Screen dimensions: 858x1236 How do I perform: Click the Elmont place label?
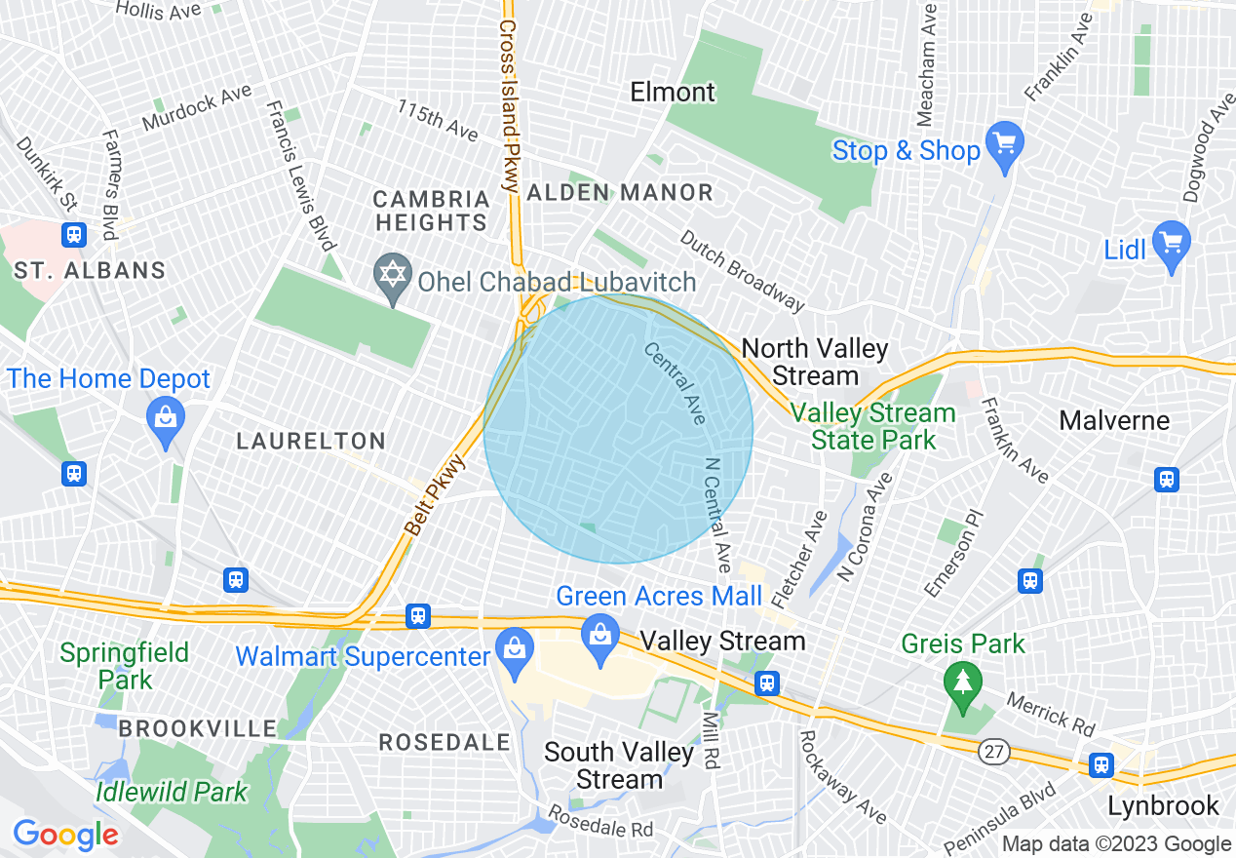point(673,93)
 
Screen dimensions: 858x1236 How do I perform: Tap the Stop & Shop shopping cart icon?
point(1004,143)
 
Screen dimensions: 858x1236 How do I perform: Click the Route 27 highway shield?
point(993,748)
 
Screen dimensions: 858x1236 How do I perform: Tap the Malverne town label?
point(1114,421)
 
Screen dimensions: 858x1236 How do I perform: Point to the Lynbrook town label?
point(1163,806)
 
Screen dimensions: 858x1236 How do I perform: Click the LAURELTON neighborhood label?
point(312,442)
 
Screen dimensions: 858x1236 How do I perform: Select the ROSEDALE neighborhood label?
point(444,742)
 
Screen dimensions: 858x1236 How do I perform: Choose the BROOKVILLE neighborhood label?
point(199,728)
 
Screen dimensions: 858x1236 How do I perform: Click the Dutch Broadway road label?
point(743,272)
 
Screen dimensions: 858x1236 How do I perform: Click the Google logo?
point(65,835)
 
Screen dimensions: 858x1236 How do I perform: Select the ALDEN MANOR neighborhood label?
point(620,193)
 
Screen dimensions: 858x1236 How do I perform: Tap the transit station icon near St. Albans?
point(74,235)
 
